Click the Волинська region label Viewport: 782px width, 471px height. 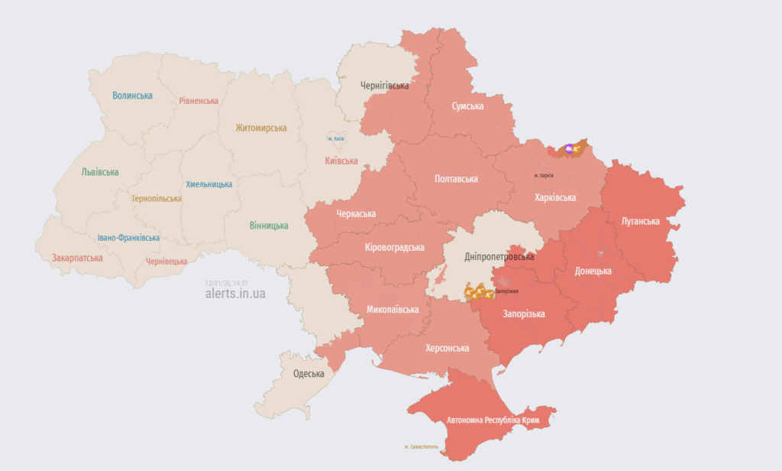[x=132, y=96]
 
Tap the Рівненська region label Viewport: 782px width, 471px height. [x=199, y=101]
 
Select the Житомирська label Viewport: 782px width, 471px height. [x=261, y=128]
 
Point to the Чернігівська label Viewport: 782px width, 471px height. [x=384, y=86]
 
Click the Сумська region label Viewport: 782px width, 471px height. [x=467, y=106]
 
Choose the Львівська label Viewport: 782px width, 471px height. [x=100, y=172]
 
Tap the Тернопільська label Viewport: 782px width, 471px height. [x=157, y=199]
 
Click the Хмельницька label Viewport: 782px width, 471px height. [x=209, y=184]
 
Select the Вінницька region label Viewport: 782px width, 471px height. [x=269, y=226]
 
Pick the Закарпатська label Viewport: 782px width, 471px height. [x=77, y=258]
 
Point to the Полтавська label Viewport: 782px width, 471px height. [x=456, y=179]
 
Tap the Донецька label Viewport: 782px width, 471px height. [x=593, y=271]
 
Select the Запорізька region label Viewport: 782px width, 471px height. [x=523, y=313]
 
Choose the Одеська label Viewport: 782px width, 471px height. [x=309, y=374]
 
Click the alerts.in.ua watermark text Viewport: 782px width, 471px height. [x=235, y=294]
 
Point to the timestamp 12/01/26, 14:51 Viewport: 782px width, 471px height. [x=225, y=282]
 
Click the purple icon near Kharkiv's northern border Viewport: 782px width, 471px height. [x=569, y=148]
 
